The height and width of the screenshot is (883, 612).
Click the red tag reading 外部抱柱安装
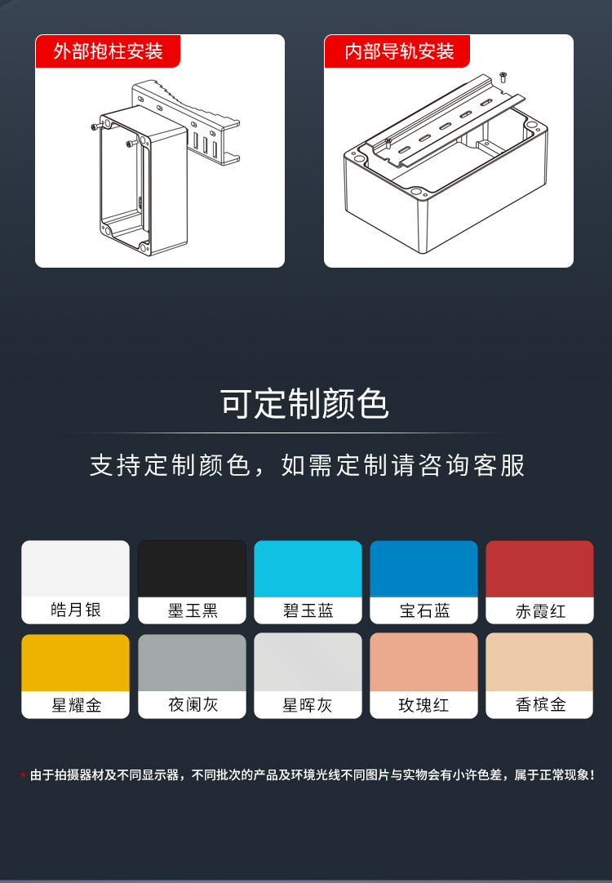click(108, 51)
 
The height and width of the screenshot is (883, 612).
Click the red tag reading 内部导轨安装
click(399, 51)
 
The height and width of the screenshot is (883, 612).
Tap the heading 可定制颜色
click(304, 404)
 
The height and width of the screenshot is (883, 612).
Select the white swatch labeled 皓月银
click(75, 569)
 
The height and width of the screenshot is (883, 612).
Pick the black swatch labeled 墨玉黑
click(192, 569)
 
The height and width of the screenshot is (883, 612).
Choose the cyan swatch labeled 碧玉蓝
click(308, 569)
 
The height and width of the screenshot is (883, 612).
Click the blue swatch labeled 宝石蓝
click(424, 569)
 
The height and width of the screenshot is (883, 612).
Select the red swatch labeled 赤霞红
click(539, 569)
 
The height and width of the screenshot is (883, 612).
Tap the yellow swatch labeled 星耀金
click(75, 663)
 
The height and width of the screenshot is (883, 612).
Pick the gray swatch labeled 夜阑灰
click(192, 663)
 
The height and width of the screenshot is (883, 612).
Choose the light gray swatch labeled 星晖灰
click(308, 663)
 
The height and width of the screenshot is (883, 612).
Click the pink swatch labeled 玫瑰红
click(424, 663)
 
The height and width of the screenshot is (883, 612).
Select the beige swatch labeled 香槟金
click(539, 663)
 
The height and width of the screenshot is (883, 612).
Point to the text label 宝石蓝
click(424, 611)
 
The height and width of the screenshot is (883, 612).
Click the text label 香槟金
click(540, 705)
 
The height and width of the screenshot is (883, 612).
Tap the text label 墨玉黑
click(193, 611)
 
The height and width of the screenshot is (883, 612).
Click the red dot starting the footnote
click(24, 774)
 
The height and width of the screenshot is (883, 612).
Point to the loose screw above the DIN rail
click(502, 78)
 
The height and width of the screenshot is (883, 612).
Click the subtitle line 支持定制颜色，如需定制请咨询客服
click(307, 465)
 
